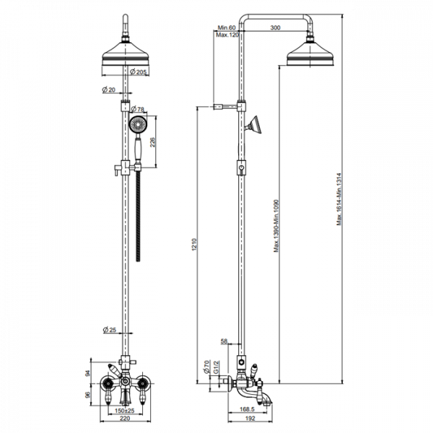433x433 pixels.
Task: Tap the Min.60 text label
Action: click(x=226, y=27)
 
